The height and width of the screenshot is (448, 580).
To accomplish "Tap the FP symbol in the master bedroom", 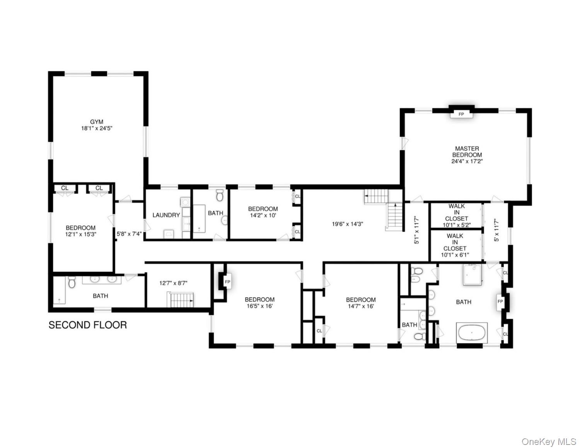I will pos(461,114).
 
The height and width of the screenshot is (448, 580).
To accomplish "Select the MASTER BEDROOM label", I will pos(467,155).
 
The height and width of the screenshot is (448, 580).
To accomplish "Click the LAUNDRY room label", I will pos(166,215).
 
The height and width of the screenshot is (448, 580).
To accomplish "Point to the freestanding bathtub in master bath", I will pos(472,332).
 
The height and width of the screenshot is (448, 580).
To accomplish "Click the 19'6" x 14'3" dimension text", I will pos(348,223).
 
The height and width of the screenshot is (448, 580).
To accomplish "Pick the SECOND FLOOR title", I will pos(88,325).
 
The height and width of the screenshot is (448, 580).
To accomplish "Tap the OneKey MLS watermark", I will pos(549,441).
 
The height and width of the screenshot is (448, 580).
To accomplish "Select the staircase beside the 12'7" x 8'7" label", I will pos(180,299).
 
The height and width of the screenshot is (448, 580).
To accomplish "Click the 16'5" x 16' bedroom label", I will pos(259,303).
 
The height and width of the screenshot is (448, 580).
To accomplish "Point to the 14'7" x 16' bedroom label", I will pos(361,303).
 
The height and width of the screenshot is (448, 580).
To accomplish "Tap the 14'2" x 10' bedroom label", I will pos(263,212).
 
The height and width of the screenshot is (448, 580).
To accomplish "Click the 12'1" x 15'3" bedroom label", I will pos(80,231).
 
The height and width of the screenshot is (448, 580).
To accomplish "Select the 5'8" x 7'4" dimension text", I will pos(129,233).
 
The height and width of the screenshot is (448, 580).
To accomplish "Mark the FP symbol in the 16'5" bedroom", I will pos(227,282).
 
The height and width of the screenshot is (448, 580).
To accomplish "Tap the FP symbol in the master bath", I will pos(500,301).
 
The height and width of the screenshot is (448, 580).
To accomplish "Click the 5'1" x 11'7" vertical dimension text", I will pos(416,230).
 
